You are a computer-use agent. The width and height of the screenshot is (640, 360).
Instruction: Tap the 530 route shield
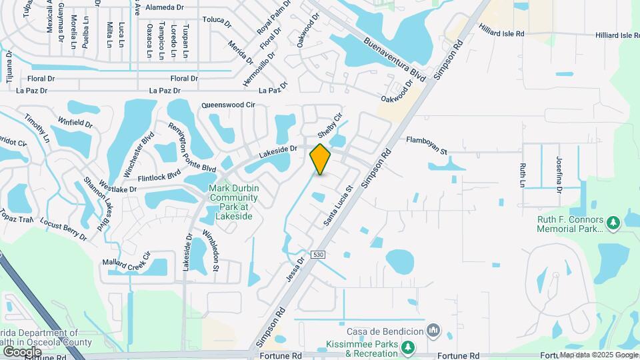(x=319, y=255)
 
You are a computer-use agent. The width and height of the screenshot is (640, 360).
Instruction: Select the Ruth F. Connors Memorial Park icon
(x=613, y=221)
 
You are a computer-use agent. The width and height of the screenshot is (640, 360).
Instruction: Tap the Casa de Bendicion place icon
(x=434, y=330)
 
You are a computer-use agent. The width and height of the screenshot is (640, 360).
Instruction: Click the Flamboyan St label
(x=427, y=145)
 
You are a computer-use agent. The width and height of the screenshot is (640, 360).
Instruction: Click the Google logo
(x=22, y=351)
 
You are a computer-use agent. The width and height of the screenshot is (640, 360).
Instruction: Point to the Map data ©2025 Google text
(x=599, y=355)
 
